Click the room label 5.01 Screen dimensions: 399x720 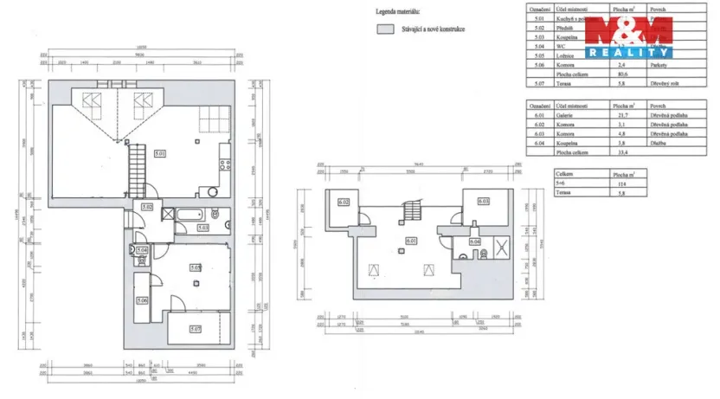(160, 154)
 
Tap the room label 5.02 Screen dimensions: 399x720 (147, 207)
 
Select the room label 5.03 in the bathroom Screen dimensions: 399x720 (202, 227)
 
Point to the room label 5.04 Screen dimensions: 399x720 (142, 251)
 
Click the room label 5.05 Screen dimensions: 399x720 (195, 268)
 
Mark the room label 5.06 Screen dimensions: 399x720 (142, 300)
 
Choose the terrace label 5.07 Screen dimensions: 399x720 (195, 329)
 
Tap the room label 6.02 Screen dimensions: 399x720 (343, 203)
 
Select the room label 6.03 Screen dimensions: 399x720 (481, 203)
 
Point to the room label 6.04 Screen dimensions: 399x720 (474, 241)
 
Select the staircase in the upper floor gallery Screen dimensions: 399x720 (411, 210)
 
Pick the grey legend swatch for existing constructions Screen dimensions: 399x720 (384, 29)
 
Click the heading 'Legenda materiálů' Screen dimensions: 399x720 (397, 12)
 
